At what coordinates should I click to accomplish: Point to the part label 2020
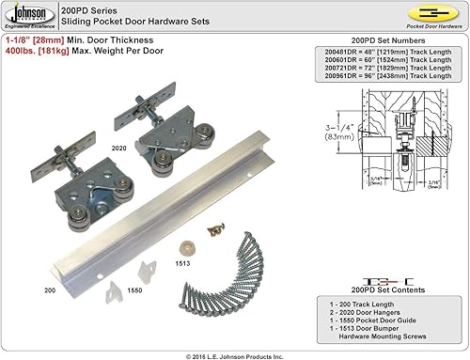point(117,149)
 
